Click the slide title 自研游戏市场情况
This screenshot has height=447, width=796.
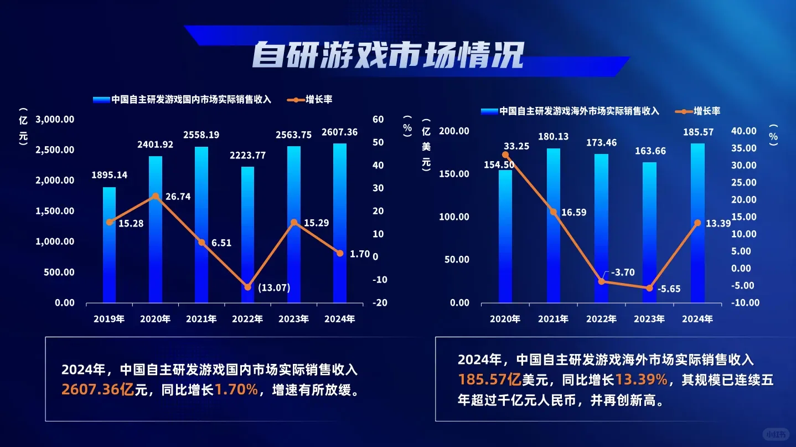387,54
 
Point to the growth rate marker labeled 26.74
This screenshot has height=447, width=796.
156,196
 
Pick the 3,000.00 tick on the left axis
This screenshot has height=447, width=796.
55,119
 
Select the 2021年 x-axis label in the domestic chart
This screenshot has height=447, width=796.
201,318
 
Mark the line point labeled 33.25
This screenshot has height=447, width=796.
505,155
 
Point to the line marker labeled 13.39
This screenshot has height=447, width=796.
697,223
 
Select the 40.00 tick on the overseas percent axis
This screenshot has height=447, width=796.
743,131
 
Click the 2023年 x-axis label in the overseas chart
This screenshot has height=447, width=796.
649,319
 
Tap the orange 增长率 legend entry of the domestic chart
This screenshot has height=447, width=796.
312,100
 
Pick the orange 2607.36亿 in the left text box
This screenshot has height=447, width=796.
97,390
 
